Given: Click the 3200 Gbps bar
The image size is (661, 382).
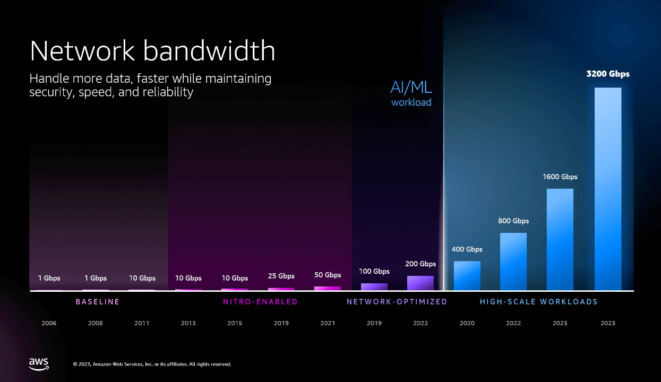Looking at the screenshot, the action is (608, 189).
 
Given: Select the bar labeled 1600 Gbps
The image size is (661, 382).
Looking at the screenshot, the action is (560, 239).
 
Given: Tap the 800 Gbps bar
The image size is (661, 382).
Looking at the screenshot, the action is (513, 262).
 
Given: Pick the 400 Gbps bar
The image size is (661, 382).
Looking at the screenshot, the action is (467, 276).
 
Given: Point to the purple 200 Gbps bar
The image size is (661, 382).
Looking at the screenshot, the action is (420, 283).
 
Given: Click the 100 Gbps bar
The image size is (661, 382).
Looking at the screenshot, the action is (374, 286).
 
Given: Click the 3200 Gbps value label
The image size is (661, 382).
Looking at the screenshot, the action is (608, 74).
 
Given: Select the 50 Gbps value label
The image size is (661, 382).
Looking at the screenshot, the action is (328, 275).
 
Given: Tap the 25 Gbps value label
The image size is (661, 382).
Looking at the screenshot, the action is (281, 276).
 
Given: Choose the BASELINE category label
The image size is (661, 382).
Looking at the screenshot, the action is (98, 302).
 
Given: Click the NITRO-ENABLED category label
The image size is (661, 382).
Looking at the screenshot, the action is (260, 302).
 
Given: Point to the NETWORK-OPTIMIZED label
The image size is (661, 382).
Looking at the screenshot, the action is (397, 302).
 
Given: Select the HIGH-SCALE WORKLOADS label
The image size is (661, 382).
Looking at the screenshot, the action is (538, 302).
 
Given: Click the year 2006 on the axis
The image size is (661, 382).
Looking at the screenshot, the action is (49, 323).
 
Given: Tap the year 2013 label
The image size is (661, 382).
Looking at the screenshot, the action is (188, 323).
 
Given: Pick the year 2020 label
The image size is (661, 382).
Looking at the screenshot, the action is (467, 323).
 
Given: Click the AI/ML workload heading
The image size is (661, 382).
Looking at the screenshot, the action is (411, 93).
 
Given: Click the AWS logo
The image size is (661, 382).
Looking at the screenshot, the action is (39, 364).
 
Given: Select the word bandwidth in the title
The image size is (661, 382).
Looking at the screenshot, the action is (209, 50).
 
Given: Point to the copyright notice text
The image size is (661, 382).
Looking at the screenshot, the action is (152, 364).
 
